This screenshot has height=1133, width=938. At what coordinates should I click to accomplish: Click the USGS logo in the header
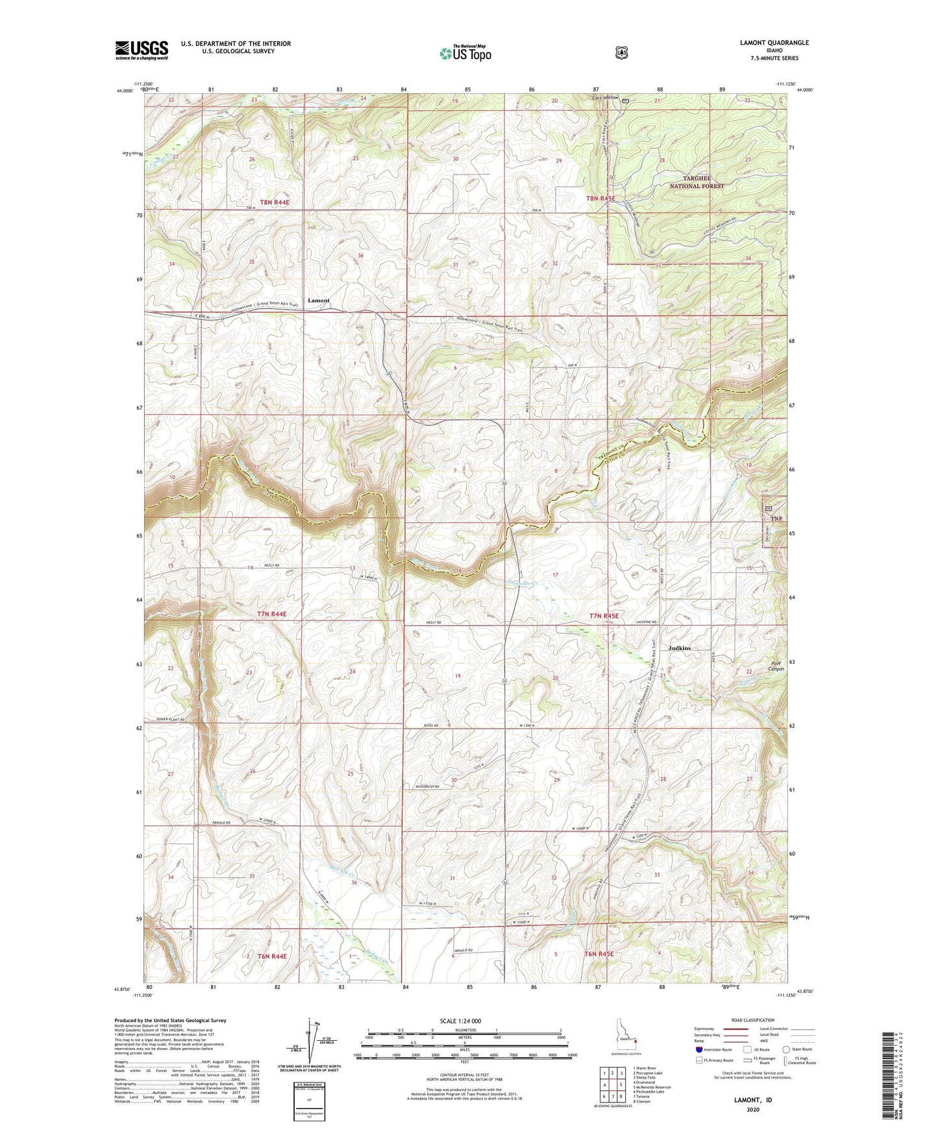[142, 50]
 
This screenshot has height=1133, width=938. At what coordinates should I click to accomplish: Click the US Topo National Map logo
[465, 53]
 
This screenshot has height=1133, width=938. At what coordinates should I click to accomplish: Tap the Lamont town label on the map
[318, 300]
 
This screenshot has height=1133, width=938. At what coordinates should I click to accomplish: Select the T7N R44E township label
[271, 613]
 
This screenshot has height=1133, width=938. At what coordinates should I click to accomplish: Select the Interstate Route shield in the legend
[698, 1049]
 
